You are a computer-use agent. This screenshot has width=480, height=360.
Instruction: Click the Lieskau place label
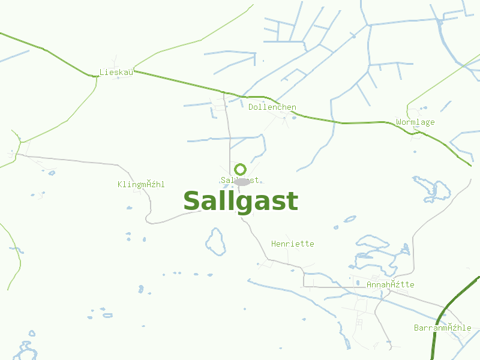click(x=116, y=73)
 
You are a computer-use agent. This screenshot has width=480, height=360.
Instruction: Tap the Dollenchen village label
click(x=272, y=107)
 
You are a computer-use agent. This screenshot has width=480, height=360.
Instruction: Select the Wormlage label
click(x=415, y=122)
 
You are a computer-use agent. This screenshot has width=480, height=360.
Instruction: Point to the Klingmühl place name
click(x=141, y=184)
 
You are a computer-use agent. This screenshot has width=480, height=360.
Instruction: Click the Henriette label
click(x=292, y=244)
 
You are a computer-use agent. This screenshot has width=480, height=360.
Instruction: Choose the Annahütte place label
click(x=390, y=284)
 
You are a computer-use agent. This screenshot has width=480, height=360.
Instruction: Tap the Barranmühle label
click(x=442, y=328)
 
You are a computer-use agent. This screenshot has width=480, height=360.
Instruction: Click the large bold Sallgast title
click(x=240, y=202)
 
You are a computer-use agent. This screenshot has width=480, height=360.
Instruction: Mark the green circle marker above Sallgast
click(x=240, y=169)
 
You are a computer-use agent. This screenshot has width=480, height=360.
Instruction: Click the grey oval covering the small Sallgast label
click(x=242, y=181)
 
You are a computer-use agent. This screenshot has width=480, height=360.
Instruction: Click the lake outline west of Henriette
click(x=215, y=241)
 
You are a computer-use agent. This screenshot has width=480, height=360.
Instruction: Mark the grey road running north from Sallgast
click(x=228, y=132)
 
